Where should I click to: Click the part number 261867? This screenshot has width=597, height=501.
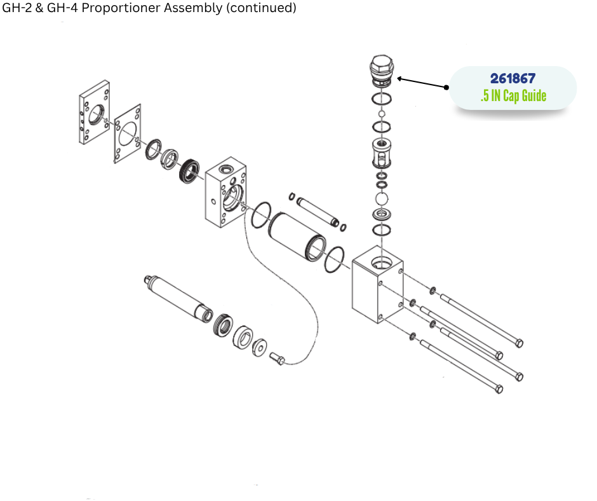point(513,79)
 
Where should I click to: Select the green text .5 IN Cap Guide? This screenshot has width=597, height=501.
point(513,97)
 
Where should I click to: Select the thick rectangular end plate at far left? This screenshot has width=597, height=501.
point(94,112)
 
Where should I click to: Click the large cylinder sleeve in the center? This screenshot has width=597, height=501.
point(297,237)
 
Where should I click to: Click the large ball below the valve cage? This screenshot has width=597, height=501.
point(382,199)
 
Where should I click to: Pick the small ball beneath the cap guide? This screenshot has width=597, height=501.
point(382,114)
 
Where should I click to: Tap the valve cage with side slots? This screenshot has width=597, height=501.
point(382,152)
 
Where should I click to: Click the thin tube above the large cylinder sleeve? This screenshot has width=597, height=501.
point(316,209)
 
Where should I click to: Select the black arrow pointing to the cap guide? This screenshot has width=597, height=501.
point(422,83)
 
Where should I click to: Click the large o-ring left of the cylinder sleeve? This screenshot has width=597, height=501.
point(260,217)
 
